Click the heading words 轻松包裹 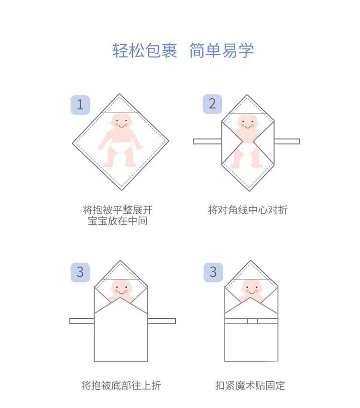click(x=145, y=50)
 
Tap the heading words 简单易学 click(x=221, y=50)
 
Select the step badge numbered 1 click(x=80, y=105)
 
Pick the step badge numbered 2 click(x=212, y=104)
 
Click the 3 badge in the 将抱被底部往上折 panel click(x=80, y=272)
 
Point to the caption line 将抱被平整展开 click(x=118, y=210)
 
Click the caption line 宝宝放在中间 click(x=118, y=221)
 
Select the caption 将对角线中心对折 click(x=248, y=210)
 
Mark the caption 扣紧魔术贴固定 click(x=250, y=385)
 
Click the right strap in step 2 click(x=287, y=141)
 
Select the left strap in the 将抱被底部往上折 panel click(x=82, y=321)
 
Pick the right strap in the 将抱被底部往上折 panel click(x=162, y=321)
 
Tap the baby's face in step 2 click(x=247, y=124)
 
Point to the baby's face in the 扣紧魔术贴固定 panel click(x=252, y=288)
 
